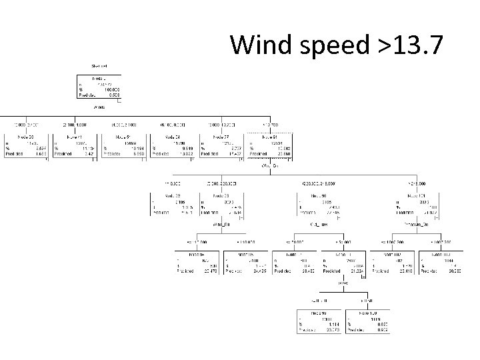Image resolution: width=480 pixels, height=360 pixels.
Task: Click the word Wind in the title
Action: coord(259,45)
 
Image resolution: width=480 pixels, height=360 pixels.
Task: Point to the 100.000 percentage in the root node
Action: coord(109,89)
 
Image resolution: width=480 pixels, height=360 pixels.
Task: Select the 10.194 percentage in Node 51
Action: coord(134,148)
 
